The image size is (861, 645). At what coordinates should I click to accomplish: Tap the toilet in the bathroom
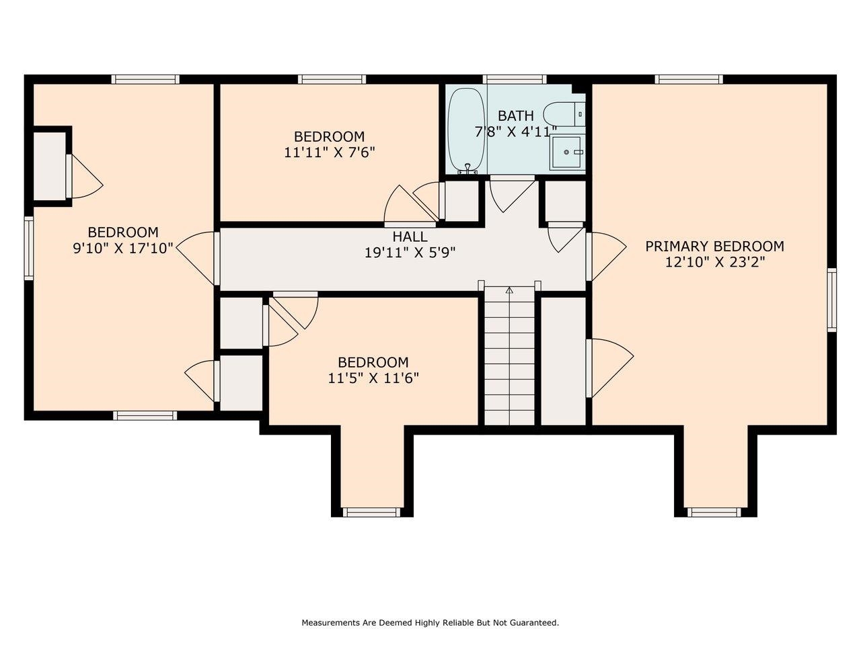point(563,114)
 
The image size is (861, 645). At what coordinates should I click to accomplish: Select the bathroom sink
point(567,153)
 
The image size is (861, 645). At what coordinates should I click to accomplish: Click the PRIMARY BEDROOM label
point(714,247)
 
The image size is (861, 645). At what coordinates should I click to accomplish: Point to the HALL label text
point(410,237)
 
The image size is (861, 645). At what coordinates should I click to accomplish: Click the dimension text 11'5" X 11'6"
point(373,378)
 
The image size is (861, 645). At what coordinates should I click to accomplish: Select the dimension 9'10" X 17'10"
point(123,248)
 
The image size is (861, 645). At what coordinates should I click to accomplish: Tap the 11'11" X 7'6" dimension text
point(329,153)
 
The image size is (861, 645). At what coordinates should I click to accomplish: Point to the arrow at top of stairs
point(509,290)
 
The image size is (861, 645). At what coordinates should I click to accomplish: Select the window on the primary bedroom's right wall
point(831,300)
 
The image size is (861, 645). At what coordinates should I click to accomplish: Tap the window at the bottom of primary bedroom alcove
point(714,512)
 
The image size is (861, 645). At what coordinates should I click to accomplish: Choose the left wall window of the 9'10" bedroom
point(29,247)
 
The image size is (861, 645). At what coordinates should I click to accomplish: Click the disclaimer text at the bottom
point(430,623)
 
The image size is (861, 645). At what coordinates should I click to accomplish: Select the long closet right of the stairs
point(563,360)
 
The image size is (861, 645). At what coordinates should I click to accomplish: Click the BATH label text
point(516,116)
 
